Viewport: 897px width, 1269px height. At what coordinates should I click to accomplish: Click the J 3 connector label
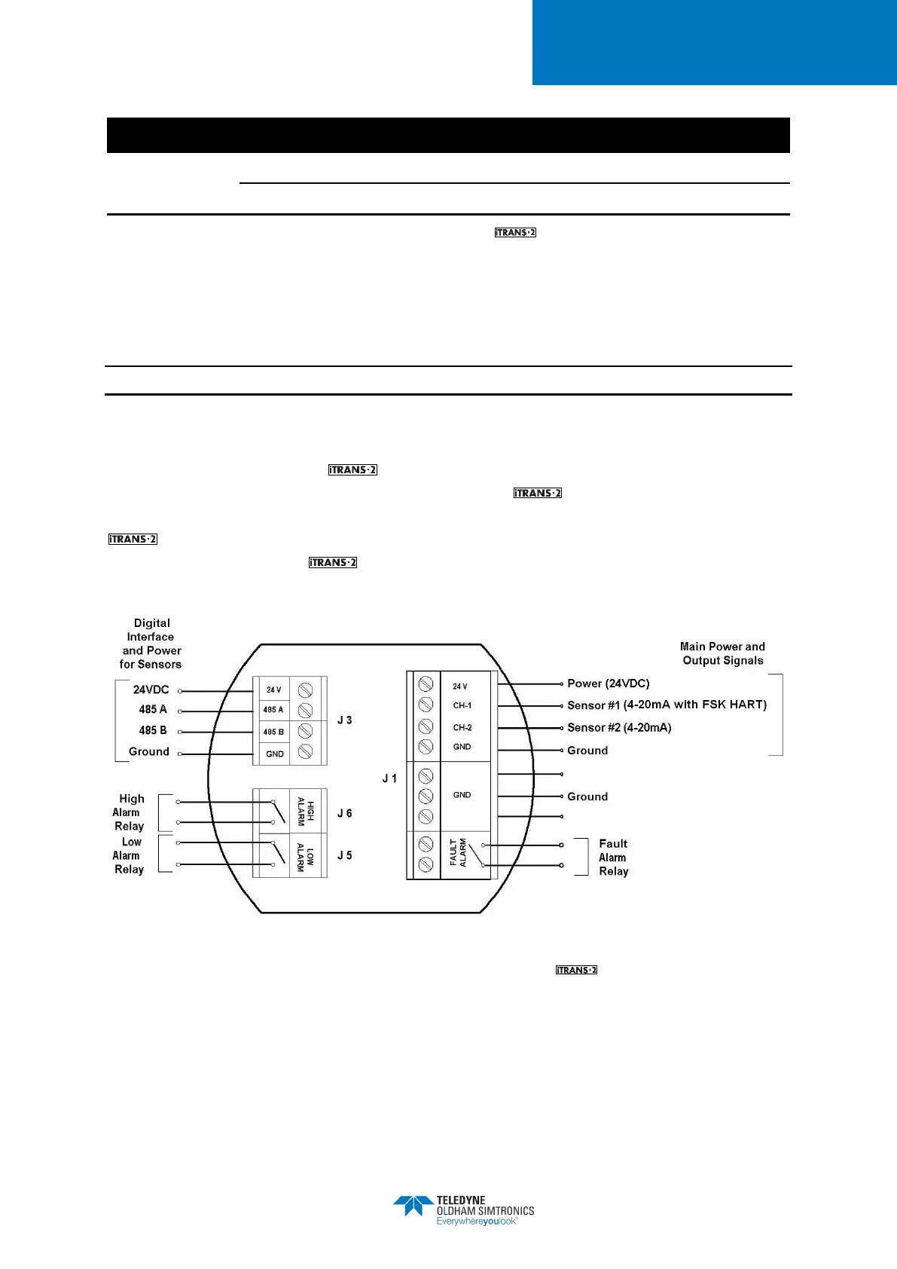[344, 720]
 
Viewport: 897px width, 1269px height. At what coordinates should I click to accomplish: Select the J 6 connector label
[344, 813]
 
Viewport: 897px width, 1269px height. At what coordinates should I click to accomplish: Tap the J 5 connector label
[344, 855]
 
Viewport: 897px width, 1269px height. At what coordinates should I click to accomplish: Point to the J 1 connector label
[389, 778]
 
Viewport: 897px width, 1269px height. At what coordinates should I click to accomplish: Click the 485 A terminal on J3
[273, 710]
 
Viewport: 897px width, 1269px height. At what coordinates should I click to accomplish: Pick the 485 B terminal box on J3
[273, 732]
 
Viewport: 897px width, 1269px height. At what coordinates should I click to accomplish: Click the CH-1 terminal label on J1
[462, 706]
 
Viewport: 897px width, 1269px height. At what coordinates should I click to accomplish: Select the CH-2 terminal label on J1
[462, 728]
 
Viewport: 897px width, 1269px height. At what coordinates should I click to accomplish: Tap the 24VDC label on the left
[151, 690]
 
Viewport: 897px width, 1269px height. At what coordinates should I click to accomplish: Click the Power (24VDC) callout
[608, 683]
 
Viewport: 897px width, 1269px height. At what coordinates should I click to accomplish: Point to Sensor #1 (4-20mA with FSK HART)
[667, 705]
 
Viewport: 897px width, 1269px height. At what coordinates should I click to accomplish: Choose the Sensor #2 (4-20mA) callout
[619, 727]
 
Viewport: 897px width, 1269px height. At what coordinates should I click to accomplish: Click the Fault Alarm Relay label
[613, 858]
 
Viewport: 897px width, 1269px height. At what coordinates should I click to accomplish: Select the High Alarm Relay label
[129, 812]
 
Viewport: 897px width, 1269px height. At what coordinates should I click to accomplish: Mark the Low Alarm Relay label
[129, 855]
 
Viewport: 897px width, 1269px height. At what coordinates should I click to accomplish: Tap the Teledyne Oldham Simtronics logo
[463, 1210]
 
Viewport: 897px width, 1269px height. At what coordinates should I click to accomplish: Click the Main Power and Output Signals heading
[722, 653]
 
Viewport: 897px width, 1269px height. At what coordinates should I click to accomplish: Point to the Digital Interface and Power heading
[151, 644]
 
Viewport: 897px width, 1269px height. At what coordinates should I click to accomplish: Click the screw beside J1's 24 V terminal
[426, 683]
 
